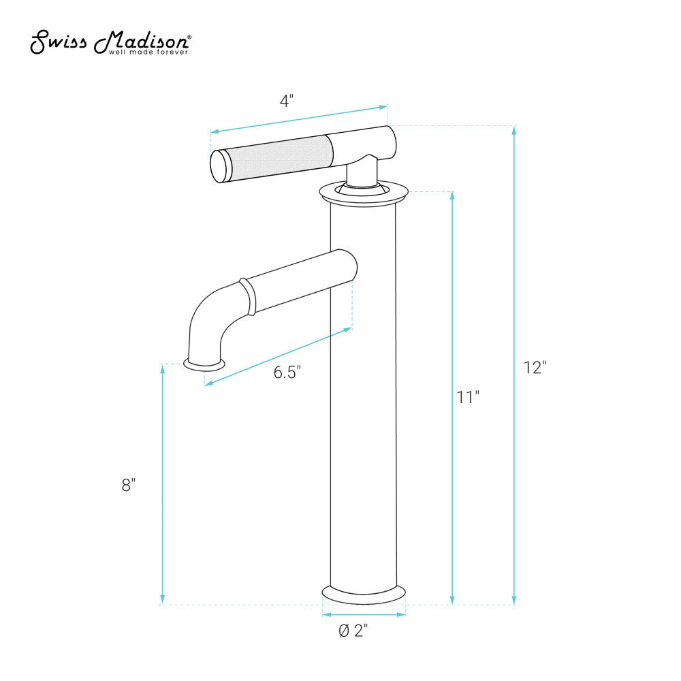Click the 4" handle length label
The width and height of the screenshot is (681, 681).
286,101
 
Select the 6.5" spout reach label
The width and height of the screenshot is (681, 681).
287,373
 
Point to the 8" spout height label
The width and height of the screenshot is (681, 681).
129,485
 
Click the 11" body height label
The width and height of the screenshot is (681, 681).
468,397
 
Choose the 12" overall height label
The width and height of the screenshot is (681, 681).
535,368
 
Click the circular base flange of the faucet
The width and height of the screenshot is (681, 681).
363,595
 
